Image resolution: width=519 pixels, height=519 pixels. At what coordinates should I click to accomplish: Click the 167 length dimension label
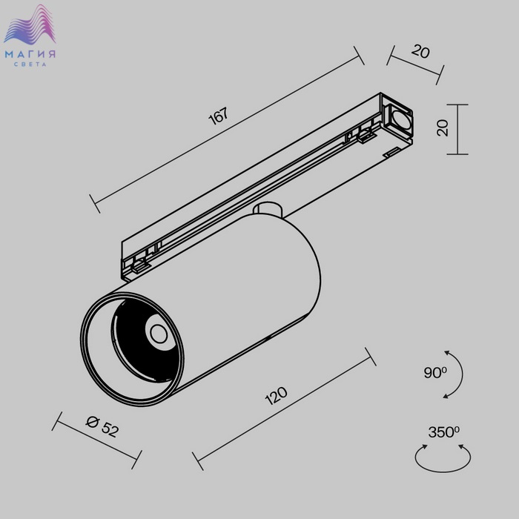coord(219,116)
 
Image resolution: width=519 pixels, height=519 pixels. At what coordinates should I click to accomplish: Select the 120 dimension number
coord(276,395)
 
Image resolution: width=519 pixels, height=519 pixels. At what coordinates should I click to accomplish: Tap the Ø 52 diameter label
coord(102,426)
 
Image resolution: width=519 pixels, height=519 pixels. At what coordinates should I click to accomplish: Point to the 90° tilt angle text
coord(435,372)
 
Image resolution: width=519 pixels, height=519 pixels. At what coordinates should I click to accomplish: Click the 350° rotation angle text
coord(443,432)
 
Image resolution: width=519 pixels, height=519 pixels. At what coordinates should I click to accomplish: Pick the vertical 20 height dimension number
coord(443,128)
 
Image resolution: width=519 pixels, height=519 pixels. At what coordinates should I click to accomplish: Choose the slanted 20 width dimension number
coord(420,52)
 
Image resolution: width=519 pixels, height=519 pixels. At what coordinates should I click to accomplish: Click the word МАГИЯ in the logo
coord(30,54)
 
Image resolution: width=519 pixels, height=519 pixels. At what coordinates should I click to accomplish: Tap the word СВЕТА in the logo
coord(30,65)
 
